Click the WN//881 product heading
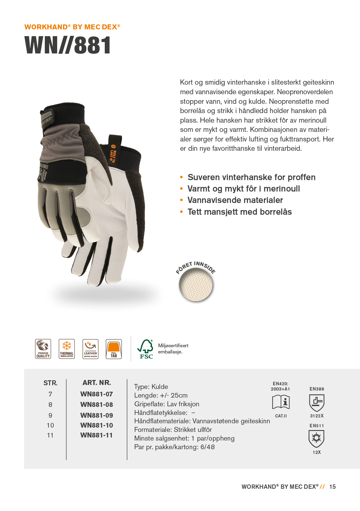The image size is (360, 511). click(68, 45)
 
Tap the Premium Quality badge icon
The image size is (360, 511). click(43, 349)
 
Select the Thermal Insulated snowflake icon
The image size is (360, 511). click(67, 349)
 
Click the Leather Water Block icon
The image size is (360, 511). click(91, 349)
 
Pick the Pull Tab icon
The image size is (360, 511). click(114, 349)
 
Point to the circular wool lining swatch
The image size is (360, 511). click(196, 285)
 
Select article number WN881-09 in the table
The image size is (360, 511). click(96, 415)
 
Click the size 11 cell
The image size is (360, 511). click(50, 435)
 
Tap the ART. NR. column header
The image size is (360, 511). click(96, 383)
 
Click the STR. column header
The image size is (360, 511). click(50, 383)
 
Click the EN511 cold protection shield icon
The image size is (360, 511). click(316, 438)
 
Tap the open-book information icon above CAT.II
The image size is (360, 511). click(281, 402)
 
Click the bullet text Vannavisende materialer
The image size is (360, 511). click(235, 200)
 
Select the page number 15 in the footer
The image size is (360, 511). click(332, 487)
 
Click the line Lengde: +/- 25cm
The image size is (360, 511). click(161, 395)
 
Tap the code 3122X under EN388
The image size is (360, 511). click(317, 416)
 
